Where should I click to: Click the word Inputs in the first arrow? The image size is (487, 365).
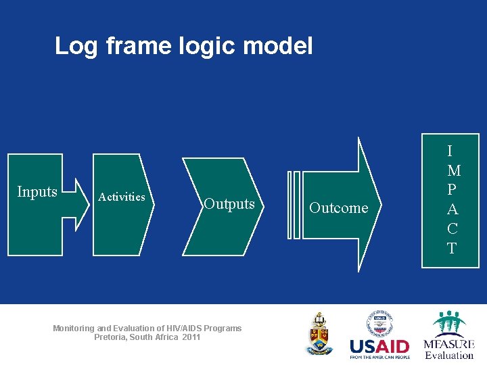click(x=37, y=192)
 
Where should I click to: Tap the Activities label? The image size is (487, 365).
click(x=122, y=197)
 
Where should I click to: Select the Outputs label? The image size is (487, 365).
click(x=229, y=204)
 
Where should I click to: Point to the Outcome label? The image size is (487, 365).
click(x=339, y=208)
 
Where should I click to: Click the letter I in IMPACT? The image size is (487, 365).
click(x=451, y=151)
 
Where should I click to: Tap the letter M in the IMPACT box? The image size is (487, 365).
click(x=453, y=171)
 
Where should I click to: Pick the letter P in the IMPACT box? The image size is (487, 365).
click(x=452, y=190)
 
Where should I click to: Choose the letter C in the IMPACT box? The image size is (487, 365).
click(x=452, y=228)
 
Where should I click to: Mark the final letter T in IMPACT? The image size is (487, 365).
click(x=452, y=248)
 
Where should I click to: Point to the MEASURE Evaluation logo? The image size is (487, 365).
click(x=448, y=335)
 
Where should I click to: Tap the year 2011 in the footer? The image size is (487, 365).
click(x=191, y=337)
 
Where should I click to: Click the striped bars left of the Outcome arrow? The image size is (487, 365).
click(x=293, y=205)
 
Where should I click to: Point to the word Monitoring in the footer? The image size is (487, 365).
click(x=73, y=328)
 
